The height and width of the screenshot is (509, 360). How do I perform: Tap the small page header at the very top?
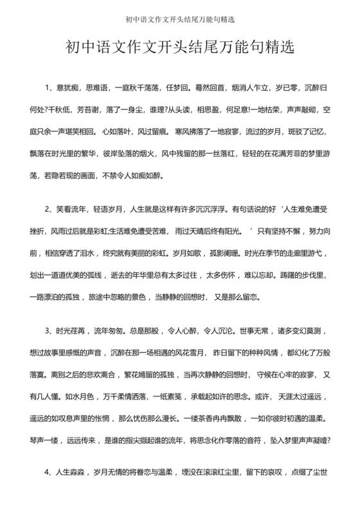[180, 17]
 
